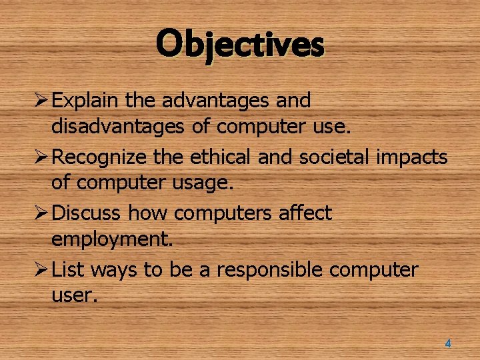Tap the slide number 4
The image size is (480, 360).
tap(447, 344)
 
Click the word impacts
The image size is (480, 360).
tap(415, 157)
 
